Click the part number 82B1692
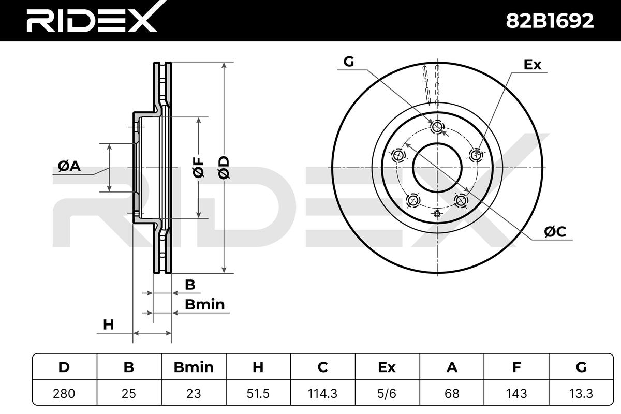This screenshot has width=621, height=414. coord(550,21)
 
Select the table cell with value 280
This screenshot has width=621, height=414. coord(64,393)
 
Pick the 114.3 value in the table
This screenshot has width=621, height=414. coord(323,393)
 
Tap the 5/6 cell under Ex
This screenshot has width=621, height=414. coord(387,393)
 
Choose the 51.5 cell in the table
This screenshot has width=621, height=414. coord(258,393)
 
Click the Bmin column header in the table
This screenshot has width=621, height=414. coord(194,367)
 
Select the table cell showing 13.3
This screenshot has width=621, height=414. coord(581,393)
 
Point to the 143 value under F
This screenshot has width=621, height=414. coord(516,393)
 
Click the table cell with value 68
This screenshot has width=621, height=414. coord(452,393)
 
